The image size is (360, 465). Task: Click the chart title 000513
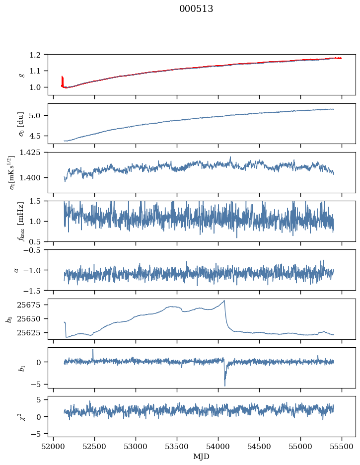point(196,9)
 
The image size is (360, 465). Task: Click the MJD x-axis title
point(202,456)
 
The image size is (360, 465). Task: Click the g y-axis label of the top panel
point(21,75)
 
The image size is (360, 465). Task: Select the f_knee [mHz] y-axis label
point(21,221)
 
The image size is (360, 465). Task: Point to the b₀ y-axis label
point(9,319)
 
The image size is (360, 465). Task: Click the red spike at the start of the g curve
point(62,80)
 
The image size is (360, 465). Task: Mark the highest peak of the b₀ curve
point(224,301)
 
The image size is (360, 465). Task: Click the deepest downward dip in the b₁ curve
point(225,385)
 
